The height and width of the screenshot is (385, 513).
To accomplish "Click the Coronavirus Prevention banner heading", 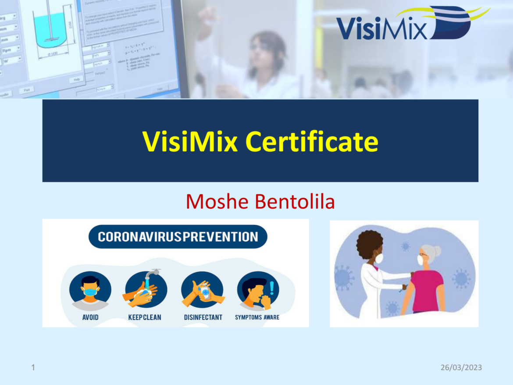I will [x=178, y=237].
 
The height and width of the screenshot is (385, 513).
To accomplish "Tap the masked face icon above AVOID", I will [x=90, y=290].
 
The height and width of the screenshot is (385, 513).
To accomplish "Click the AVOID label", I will [x=90, y=317].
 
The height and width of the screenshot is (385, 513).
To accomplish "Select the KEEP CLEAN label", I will [x=145, y=317].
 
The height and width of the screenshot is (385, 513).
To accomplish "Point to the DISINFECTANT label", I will [x=203, y=317].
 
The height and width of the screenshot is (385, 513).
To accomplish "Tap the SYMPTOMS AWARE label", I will [x=257, y=317].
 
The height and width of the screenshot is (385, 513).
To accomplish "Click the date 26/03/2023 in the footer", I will [x=461, y=367].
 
